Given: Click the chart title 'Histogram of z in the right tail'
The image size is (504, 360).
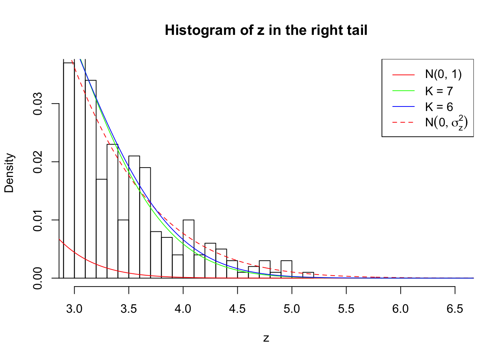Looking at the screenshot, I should [x=266, y=30].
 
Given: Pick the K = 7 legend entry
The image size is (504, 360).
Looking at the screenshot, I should [x=439, y=91].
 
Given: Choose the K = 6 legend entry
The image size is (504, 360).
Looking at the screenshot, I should [x=439, y=107].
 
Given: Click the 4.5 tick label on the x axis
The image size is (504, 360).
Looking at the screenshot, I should [x=237, y=309].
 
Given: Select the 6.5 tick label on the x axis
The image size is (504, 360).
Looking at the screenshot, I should [x=455, y=309].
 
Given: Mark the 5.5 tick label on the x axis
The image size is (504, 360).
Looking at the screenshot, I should [x=346, y=309].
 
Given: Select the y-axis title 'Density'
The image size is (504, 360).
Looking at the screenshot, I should [x=9, y=173].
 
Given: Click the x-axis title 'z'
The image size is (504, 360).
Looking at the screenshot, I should [x=266, y=338].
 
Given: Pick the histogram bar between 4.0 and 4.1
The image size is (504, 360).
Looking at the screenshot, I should [x=189, y=249].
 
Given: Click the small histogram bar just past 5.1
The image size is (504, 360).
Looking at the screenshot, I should [x=308, y=275].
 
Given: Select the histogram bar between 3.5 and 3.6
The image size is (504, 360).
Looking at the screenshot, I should [x=134, y=217].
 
